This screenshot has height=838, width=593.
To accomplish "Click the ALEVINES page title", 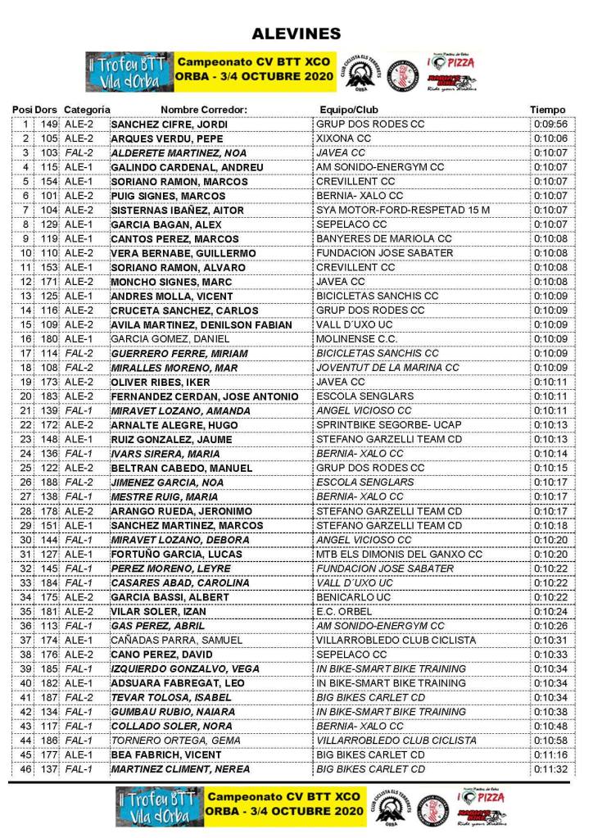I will (296, 34).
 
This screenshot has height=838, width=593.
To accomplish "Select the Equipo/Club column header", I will (348, 110).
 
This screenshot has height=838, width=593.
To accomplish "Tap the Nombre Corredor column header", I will (204, 110).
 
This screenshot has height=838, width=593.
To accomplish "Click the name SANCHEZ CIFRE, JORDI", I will (169, 125).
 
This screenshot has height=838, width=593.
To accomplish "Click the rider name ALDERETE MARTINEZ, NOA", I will (178, 153).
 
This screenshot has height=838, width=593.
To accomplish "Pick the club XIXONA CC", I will (343, 138).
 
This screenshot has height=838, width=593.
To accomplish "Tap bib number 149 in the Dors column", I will (49, 125).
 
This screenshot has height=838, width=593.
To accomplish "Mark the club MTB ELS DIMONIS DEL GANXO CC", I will (399, 554).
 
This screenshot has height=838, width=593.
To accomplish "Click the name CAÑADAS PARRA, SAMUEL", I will (176, 640).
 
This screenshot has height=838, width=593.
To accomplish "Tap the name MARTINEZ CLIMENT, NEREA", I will (181, 769).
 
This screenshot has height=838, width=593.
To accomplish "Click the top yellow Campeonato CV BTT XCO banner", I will (254, 70).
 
